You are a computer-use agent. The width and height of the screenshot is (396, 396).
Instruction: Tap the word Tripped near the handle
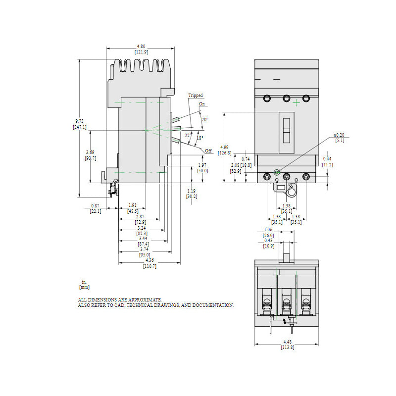pos(195,95)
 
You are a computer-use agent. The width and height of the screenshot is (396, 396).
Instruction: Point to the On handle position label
pos(202,104)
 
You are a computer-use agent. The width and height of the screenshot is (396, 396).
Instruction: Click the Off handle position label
pos(208,150)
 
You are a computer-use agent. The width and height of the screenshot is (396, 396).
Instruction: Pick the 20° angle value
pos(204,119)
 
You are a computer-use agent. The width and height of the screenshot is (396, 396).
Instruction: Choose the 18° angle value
pos(199,138)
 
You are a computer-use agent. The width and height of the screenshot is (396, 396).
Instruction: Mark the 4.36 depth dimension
pos(150,261)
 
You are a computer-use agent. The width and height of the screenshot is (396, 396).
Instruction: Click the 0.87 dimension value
pos(95,205)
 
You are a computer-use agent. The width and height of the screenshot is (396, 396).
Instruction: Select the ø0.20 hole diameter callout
pos(339,135)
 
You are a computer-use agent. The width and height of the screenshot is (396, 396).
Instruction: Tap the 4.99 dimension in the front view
pos(224,148)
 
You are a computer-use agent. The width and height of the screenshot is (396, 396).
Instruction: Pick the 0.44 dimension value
pos(327,159)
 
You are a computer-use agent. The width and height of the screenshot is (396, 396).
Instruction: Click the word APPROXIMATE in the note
pos(144,300)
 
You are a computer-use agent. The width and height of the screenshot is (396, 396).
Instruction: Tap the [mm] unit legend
pos(84,287)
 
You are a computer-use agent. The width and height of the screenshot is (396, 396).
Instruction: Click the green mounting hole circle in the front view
pos(276,172)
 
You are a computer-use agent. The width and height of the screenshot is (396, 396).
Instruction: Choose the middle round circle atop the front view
pos(286,98)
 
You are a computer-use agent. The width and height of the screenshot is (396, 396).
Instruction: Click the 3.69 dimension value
pos(91,152)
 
